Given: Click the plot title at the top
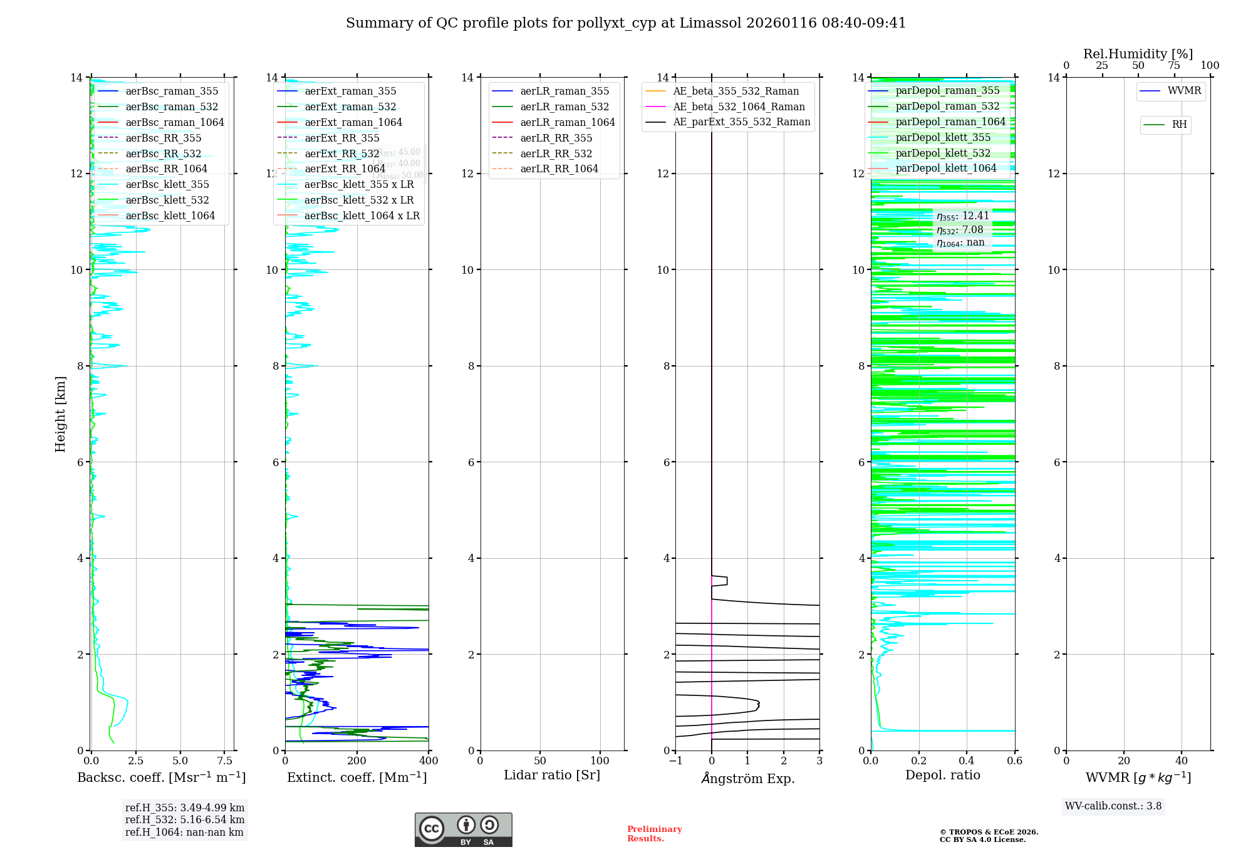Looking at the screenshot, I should (x=626, y=23).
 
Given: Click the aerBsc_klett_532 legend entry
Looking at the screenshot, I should (x=167, y=200).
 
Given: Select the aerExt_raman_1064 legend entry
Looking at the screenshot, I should (x=353, y=123).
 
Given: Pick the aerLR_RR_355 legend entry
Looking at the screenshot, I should (x=556, y=138).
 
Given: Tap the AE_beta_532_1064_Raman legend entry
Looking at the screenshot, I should (x=739, y=107).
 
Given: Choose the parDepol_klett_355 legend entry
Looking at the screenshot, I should (x=943, y=138).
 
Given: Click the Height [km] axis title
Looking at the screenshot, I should (x=60, y=414).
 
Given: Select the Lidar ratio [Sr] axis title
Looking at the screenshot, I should (x=552, y=776).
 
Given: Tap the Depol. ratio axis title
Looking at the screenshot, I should (x=942, y=776).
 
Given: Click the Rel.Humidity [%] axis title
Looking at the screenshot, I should (x=1138, y=55).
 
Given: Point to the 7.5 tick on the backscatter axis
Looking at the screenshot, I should (x=225, y=761).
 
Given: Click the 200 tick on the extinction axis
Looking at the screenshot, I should (x=357, y=761).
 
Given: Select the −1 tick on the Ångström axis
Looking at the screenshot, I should (x=675, y=761).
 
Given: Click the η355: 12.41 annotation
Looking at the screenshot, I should (x=963, y=217).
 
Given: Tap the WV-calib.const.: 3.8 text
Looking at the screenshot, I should (x=1113, y=806).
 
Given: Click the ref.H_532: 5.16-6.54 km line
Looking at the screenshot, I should (x=185, y=820).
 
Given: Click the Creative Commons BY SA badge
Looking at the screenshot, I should (x=463, y=830).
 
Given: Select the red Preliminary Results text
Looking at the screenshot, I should (x=654, y=834).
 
